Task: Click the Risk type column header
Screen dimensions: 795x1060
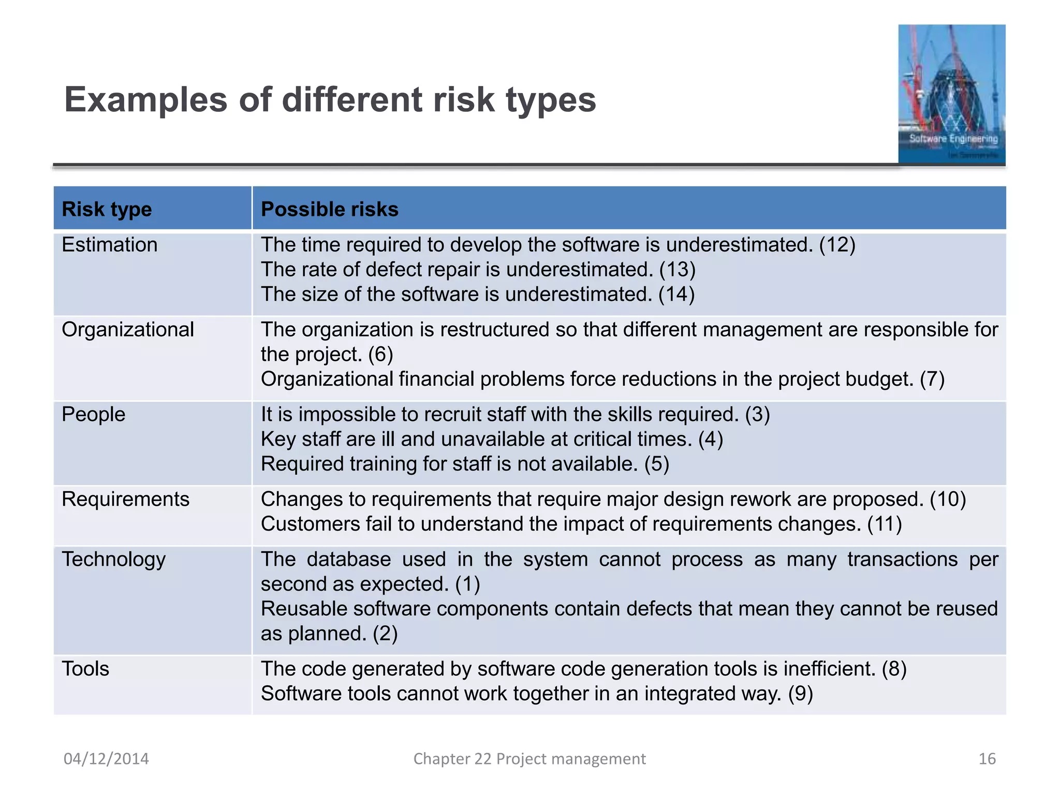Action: [107, 210]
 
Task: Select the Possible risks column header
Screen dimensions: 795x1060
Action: [329, 210]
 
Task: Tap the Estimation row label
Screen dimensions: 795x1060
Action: [109, 245]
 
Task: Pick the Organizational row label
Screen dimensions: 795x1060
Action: [127, 330]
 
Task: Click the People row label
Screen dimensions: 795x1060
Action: [93, 415]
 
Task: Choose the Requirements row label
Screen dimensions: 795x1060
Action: [125, 499]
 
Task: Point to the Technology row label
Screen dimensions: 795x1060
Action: [113, 560]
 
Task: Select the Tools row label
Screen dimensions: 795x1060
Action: [85, 669]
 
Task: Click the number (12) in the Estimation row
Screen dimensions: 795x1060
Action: [837, 245]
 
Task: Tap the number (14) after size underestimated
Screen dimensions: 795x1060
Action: [676, 295]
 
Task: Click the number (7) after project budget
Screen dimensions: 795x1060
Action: [932, 379]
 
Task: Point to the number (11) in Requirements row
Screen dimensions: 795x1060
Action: [885, 524]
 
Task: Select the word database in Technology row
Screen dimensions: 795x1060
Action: [348, 560]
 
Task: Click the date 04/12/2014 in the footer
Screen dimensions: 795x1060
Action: [106, 759]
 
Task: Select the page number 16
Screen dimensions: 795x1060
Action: [987, 759]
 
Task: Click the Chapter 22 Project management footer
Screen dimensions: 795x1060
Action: [529, 759]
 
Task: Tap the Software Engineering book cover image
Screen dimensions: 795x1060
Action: [951, 94]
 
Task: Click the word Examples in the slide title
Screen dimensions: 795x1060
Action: [145, 99]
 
